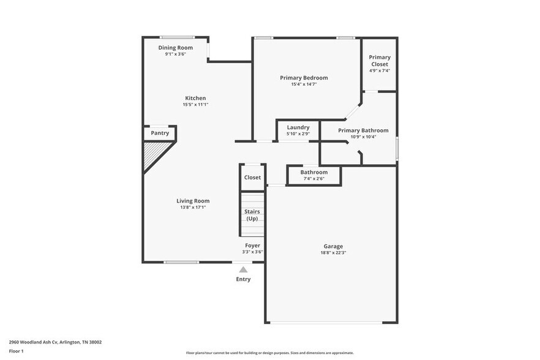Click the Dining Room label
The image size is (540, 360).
pos(176,48)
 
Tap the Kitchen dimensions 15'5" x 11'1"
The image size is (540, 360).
pos(195,105)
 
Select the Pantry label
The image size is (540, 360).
pos(160,133)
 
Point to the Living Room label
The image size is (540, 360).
pos(193,201)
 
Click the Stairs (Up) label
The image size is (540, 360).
pos(252,215)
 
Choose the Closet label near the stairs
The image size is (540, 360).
pos(252,178)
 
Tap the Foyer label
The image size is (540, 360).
pos(252,246)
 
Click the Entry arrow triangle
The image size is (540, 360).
pos(243,269)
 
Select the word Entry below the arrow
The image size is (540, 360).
pos(243,279)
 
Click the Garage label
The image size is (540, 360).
pos(333,246)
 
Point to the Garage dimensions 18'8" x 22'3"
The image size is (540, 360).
pos(333,253)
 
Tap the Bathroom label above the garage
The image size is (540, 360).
pos(313,172)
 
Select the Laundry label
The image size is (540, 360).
pos(298,127)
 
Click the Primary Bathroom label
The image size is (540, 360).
pos(363,130)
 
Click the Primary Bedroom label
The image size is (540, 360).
pos(304,78)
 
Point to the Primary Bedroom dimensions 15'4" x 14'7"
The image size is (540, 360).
pos(304,84)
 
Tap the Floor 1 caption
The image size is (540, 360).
pos(17,351)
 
